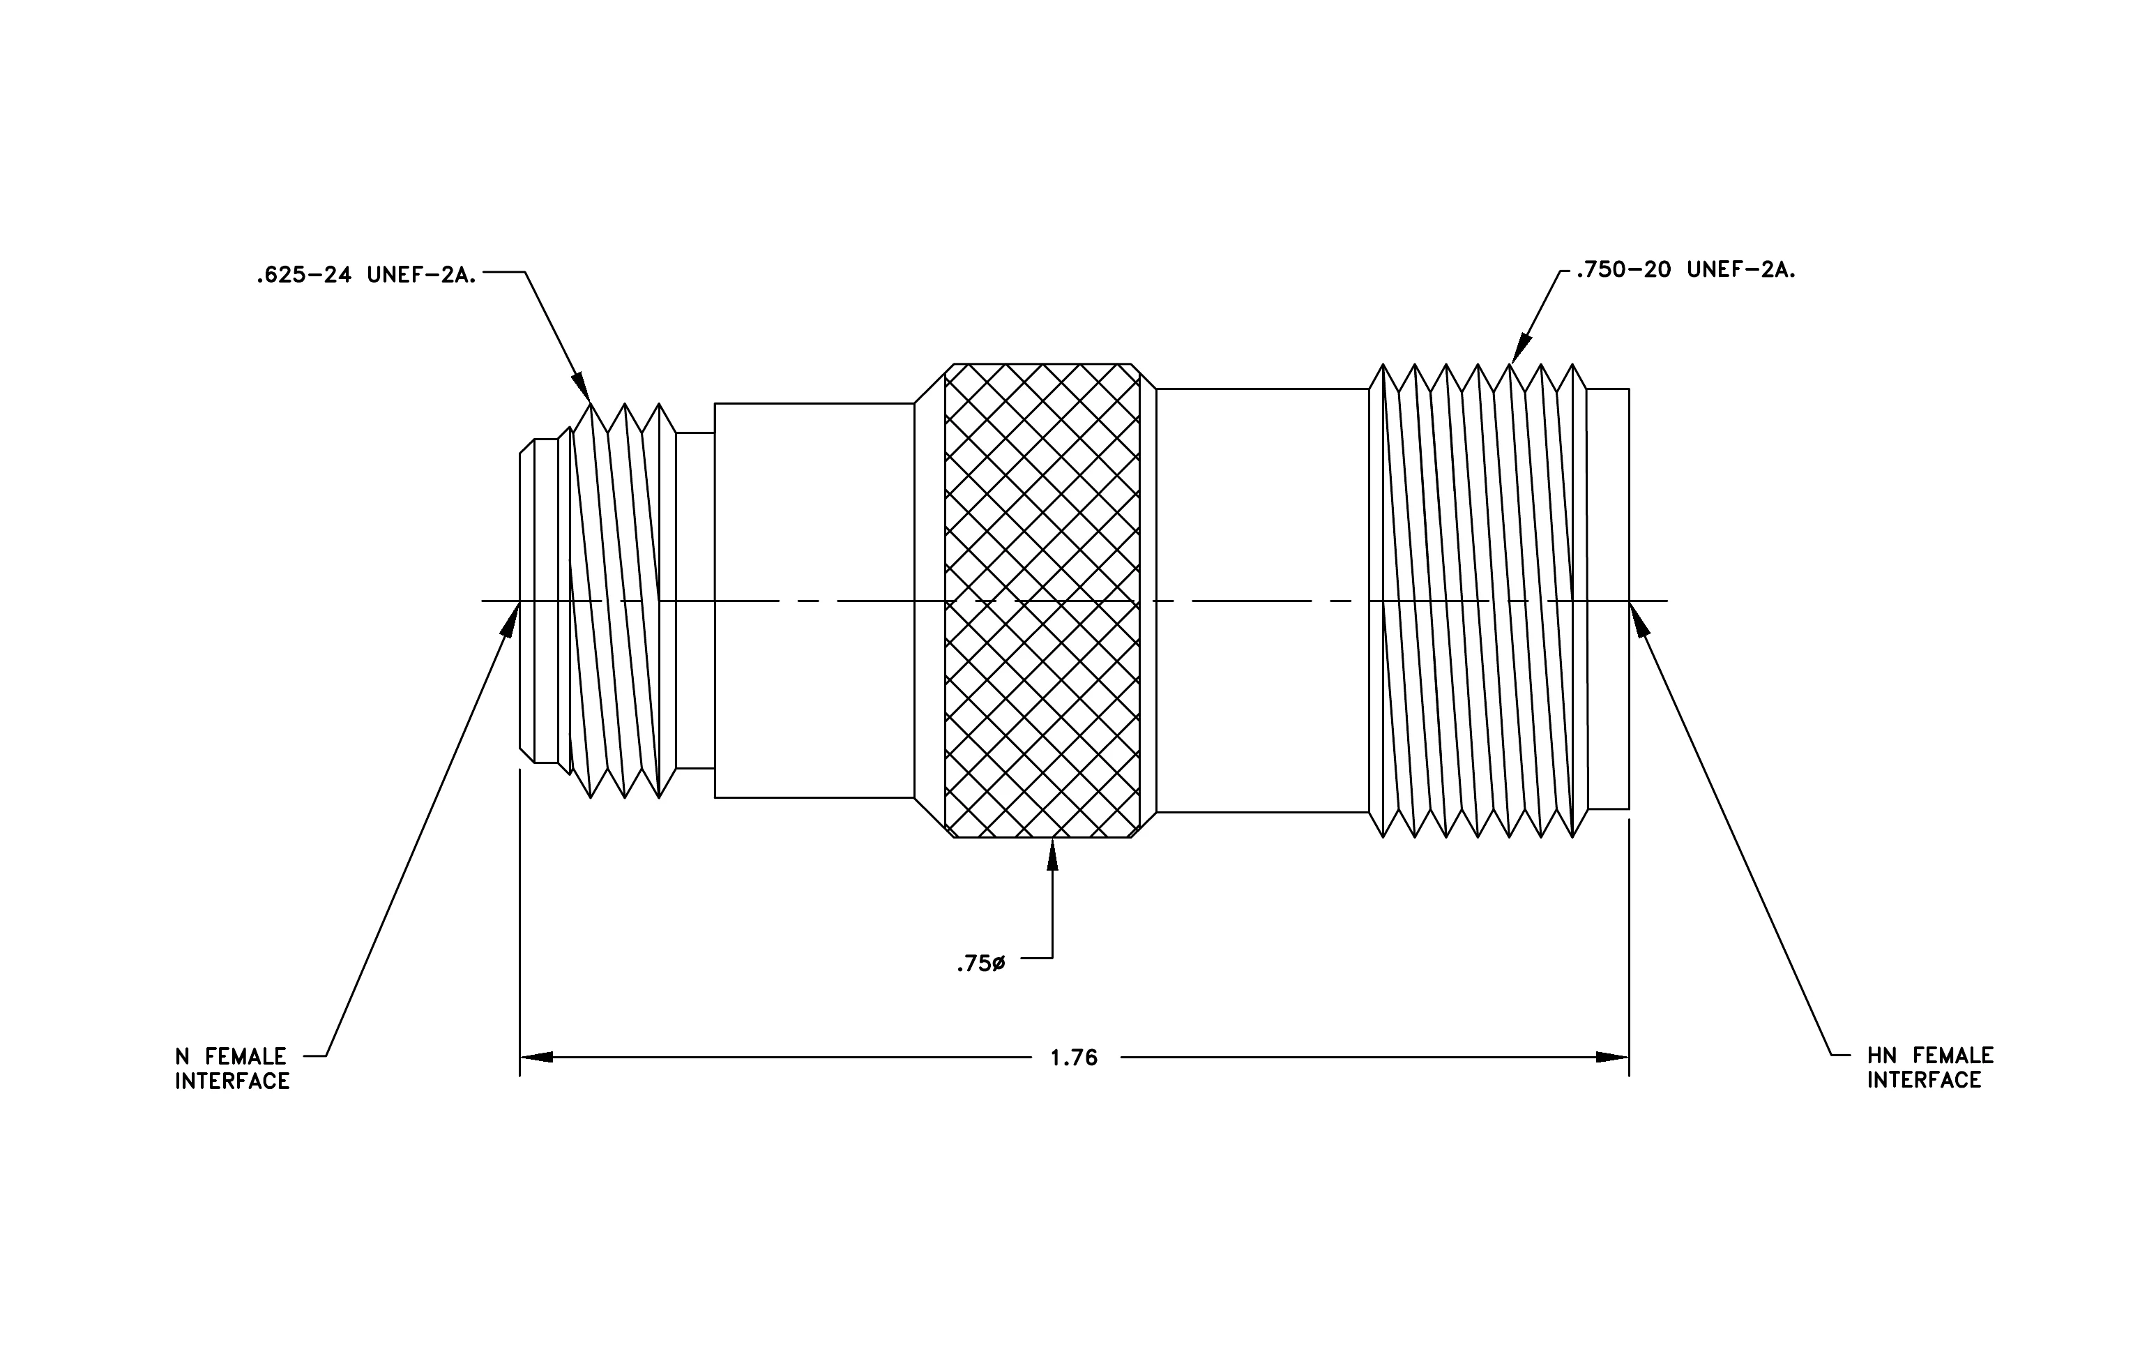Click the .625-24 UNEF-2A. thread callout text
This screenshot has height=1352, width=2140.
[x=366, y=276]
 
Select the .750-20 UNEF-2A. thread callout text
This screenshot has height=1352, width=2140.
[x=1686, y=269]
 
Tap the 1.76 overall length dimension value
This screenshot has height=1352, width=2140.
[x=1075, y=1058]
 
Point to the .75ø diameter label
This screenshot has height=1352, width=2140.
[x=981, y=963]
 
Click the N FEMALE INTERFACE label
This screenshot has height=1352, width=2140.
[x=232, y=1069]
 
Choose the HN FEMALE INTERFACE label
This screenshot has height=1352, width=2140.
[x=1930, y=1067]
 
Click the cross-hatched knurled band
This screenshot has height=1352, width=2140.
[x=1042, y=601]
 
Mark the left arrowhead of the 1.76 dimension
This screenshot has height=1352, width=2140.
[x=537, y=1057]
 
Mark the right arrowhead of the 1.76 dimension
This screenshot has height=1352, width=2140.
[x=1612, y=1057]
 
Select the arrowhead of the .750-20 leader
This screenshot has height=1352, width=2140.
[x=1521, y=347]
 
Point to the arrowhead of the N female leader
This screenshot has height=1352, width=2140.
[x=511, y=619]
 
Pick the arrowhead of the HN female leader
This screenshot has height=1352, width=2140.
[x=1639, y=619]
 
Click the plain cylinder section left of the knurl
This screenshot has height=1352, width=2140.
[x=814, y=601]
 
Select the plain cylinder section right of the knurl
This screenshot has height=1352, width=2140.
[x=1262, y=601]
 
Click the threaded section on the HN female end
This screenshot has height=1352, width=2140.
[x=1478, y=601]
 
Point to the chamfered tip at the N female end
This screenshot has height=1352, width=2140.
[x=527, y=601]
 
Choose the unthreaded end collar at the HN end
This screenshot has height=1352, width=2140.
[x=1608, y=599]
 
